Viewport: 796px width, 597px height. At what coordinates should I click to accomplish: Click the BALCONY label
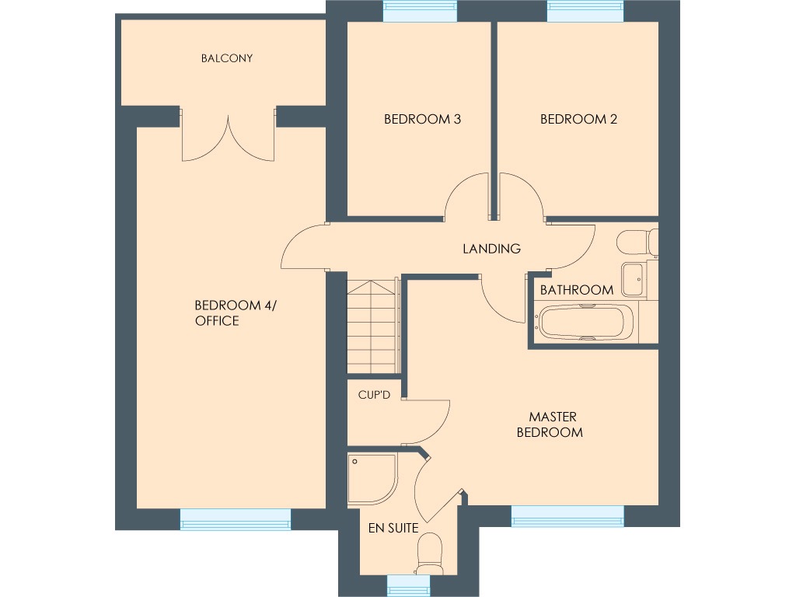click(x=226, y=58)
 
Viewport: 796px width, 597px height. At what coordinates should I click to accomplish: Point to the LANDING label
click(x=491, y=250)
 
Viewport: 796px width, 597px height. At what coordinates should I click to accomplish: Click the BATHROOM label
click(x=576, y=290)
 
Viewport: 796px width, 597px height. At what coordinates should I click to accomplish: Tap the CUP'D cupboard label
click(x=373, y=395)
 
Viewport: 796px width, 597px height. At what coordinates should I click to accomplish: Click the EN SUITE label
click(x=393, y=529)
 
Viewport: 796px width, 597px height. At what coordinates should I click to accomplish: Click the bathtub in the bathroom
click(x=584, y=323)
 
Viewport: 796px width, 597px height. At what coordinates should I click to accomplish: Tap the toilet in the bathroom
click(x=636, y=243)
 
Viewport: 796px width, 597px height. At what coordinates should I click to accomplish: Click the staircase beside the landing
click(x=372, y=326)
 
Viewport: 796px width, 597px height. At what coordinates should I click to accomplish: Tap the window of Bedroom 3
click(x=420, y=12)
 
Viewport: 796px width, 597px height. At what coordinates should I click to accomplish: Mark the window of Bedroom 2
click(x=585, y=12)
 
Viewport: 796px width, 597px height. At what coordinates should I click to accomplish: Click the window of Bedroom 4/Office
click(x=236, y=519)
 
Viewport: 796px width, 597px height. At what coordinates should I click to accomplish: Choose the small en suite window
click(x=408, y=585)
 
